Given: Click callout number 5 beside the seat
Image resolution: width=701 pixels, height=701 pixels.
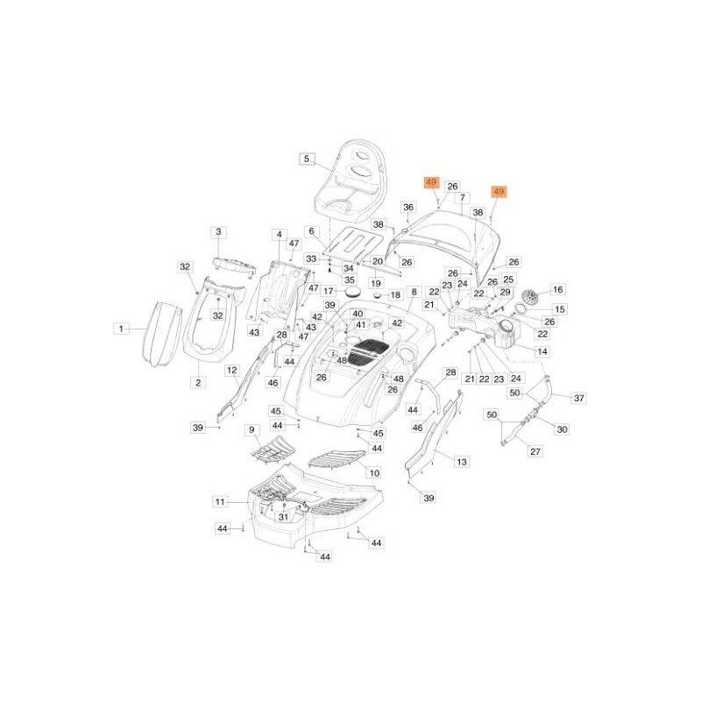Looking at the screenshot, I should point(306,159).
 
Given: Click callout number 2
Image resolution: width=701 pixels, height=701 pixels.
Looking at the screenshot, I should point(198,382).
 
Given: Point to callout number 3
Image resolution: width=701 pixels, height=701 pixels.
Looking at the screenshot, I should point(218,231).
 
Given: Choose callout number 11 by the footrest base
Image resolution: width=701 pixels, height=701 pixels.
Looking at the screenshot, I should point(220,501).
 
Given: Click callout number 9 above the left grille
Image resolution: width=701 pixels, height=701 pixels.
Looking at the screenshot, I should point(251,429).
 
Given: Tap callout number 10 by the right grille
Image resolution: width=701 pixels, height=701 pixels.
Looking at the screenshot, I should point(374,472).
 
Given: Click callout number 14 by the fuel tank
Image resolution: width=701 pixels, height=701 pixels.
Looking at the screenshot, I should point(542,350).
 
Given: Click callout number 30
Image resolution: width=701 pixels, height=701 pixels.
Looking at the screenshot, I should point(563,429).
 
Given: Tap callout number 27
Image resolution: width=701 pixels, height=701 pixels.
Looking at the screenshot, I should point(536,451).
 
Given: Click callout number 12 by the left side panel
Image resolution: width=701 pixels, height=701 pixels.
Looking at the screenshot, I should point(232,371).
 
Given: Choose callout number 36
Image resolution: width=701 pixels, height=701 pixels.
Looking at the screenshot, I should point(407,207).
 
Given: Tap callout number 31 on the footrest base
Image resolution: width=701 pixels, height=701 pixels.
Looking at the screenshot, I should point(283,517).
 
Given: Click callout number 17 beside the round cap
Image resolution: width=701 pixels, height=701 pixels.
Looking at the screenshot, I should point(329,291).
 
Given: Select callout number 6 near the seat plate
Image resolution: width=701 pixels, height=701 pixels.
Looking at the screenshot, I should point(310,230).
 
